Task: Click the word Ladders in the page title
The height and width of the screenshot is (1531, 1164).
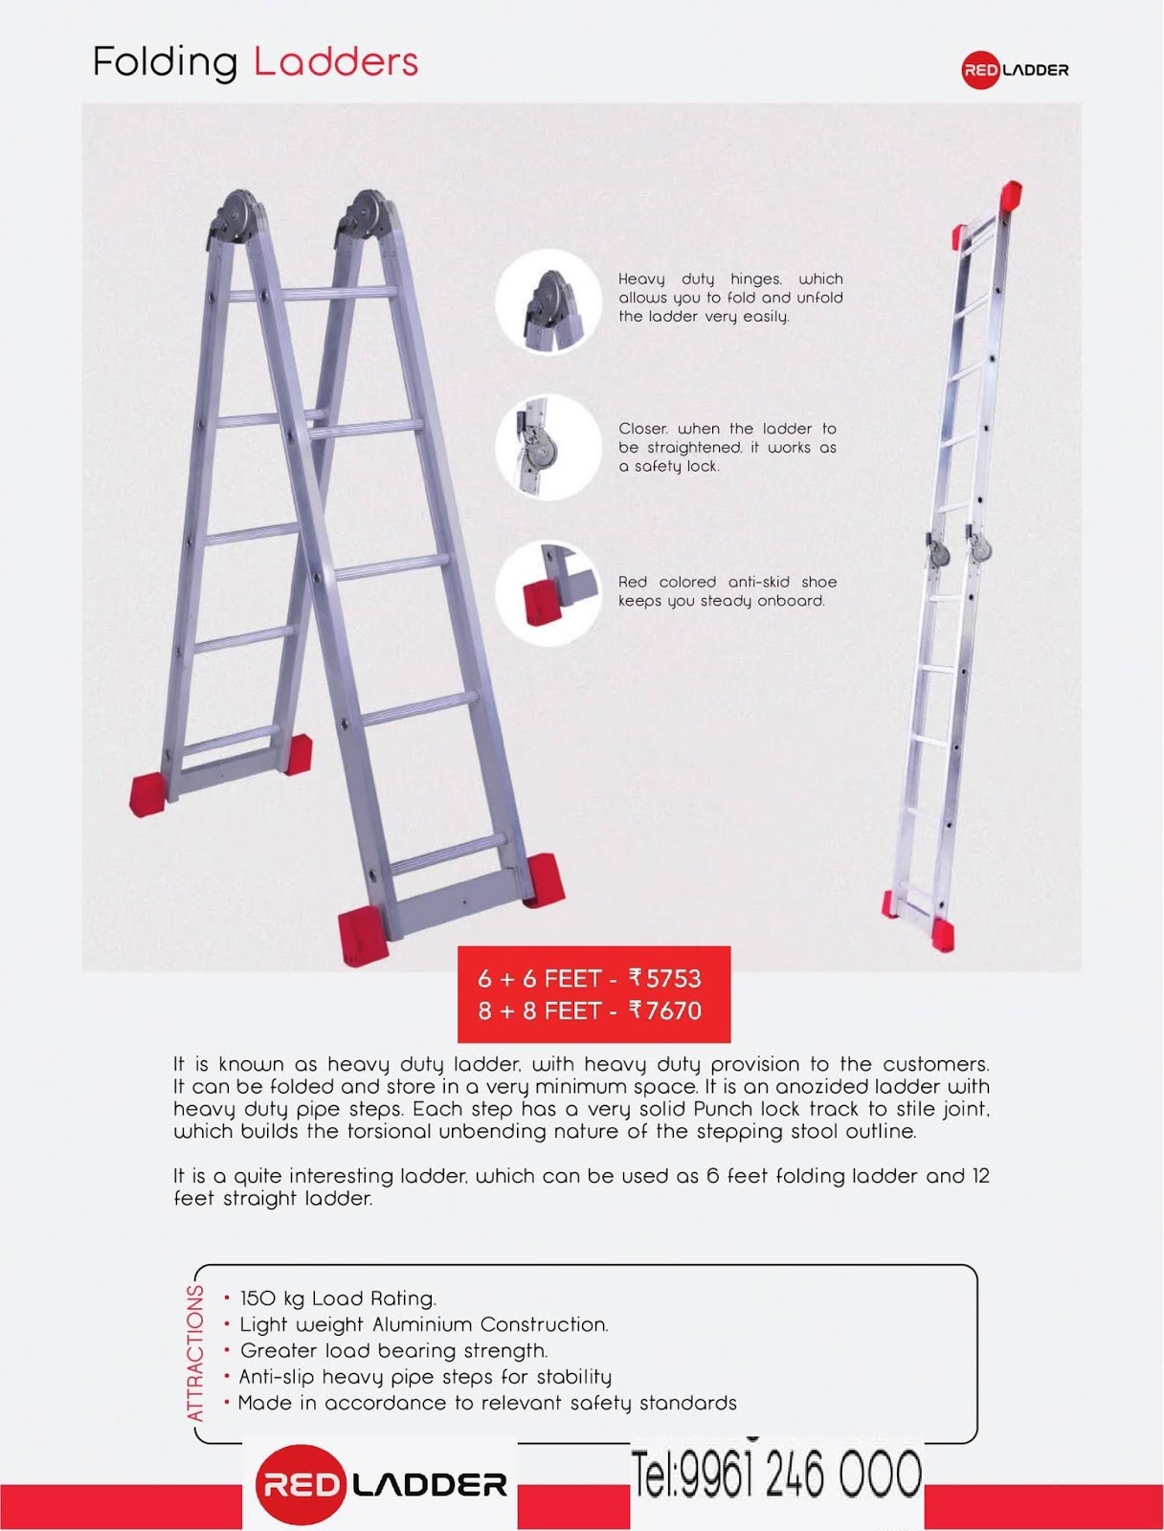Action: [336, 62]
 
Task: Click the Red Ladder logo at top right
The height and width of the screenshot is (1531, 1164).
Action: [1015, 70]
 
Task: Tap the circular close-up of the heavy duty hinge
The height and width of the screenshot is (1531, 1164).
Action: [548, 301]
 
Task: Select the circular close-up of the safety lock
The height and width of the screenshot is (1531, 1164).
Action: [548, 447]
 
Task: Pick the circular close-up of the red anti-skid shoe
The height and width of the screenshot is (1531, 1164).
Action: [548, 593]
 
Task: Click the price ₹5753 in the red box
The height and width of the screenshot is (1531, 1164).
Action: [665, 978]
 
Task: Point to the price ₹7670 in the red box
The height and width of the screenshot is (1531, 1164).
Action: [665, 1010]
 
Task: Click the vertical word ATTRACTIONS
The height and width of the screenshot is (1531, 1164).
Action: [195, 1353]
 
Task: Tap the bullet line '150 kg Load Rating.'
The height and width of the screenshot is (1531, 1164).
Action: [337, 1298]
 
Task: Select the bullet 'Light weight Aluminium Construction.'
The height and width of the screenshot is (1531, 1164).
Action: [423, 1324]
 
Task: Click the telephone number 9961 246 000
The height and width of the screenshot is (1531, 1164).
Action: [775, 1475]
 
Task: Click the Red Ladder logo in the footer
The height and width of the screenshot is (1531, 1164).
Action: [381, 1484]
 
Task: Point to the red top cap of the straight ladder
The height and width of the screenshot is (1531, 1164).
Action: [1012, 195]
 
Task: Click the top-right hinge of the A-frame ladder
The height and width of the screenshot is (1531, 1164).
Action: [366, 216]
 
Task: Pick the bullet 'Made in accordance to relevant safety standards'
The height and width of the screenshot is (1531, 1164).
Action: [487, 1403]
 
